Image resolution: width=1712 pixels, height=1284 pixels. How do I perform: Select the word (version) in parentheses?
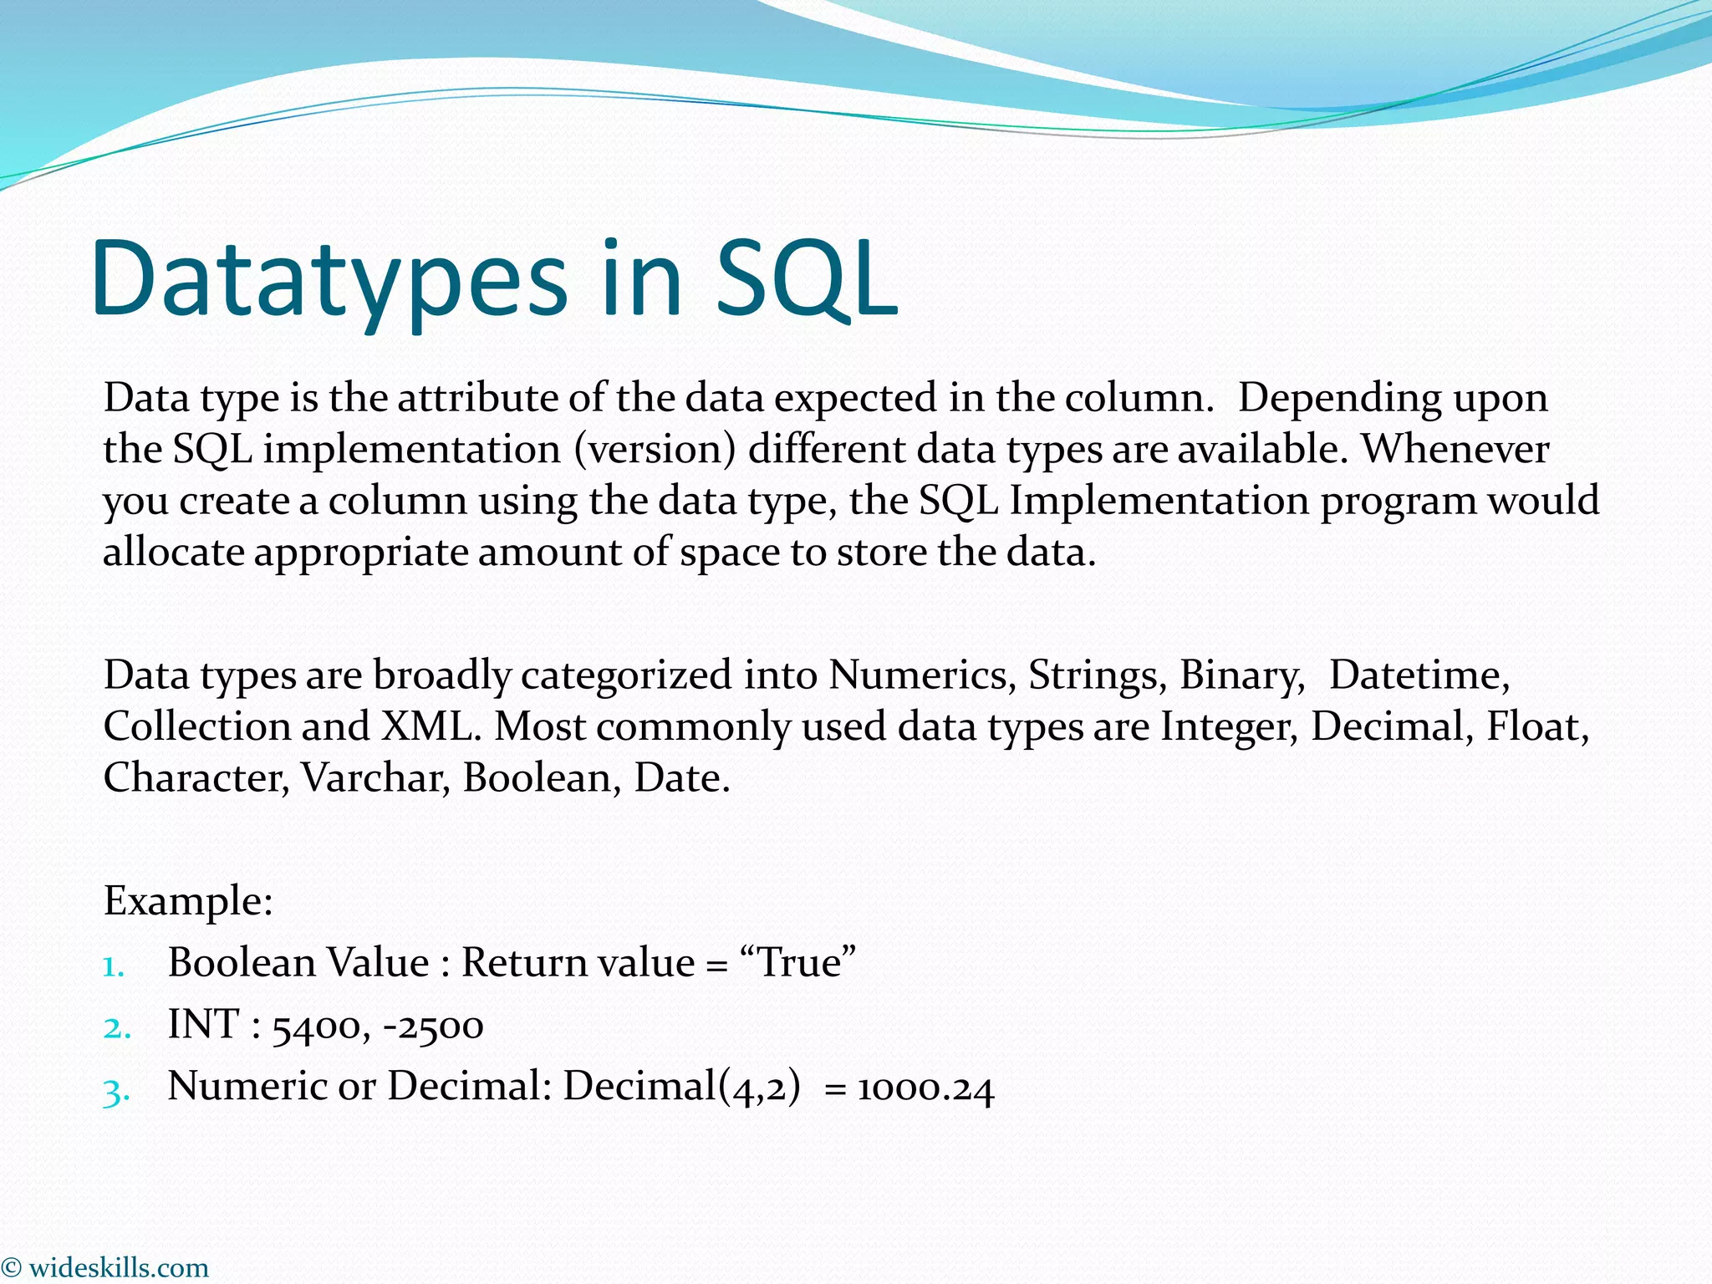click(655, 450)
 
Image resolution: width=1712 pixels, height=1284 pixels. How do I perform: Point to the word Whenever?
click(1455, 450)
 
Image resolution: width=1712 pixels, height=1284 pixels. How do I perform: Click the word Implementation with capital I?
click(1159, 502)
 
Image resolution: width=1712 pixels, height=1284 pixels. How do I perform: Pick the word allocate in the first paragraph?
click(173, 553)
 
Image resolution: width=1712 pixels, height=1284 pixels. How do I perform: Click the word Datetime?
click(1419, 675)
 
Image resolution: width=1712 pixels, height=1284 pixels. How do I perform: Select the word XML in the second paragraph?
click(431, 726)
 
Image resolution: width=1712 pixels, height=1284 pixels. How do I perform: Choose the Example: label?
click(188, 901)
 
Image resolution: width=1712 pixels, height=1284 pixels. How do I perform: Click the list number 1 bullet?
click(114, 966)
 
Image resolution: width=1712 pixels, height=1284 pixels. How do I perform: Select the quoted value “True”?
click(798, 963)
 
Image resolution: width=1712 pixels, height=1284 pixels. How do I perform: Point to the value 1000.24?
click(925, 1088)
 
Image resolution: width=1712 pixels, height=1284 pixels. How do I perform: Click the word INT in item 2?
click(204, 1025)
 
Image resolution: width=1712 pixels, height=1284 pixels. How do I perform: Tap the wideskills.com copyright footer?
click(106, 1267)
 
